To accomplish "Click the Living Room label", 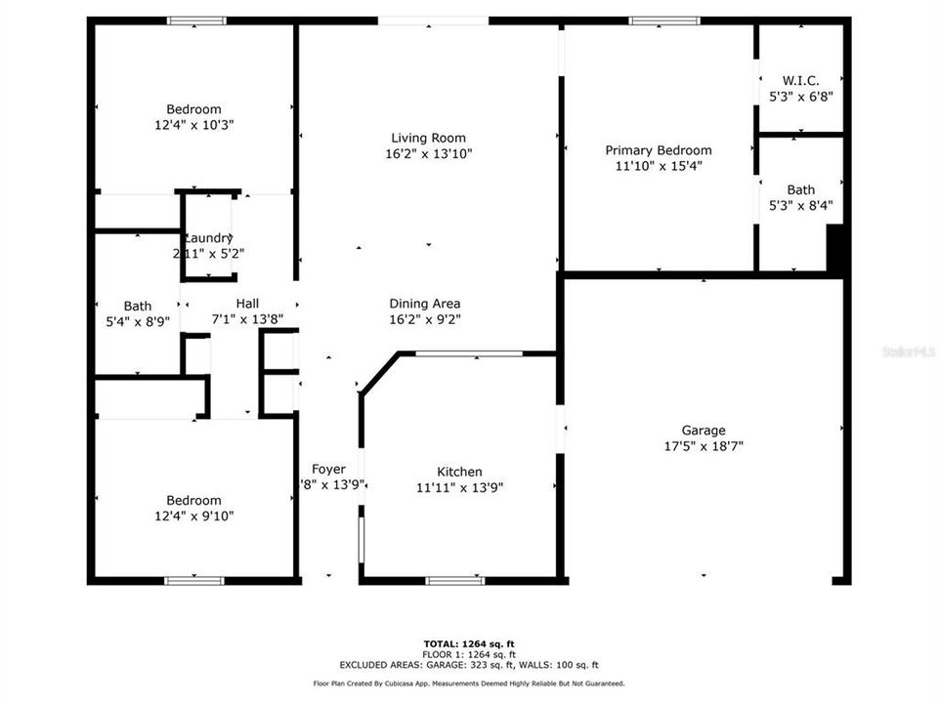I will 428,139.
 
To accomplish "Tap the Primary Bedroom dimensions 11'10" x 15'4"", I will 658,166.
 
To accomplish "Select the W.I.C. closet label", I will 800,80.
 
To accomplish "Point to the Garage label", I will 703,430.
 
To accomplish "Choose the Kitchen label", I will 459,472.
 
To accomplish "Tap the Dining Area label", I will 425,304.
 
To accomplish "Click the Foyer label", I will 328,469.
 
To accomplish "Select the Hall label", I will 247,304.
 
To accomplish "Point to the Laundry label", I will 208,237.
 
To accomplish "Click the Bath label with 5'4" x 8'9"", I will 138,306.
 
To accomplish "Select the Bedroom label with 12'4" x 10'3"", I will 193,109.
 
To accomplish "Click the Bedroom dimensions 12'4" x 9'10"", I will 193,516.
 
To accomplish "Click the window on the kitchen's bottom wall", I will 455,581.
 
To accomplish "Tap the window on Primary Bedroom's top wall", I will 664,21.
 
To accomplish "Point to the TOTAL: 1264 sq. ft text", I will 469,642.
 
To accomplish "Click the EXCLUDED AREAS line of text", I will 469,664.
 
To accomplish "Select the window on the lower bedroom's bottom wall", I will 193,581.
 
